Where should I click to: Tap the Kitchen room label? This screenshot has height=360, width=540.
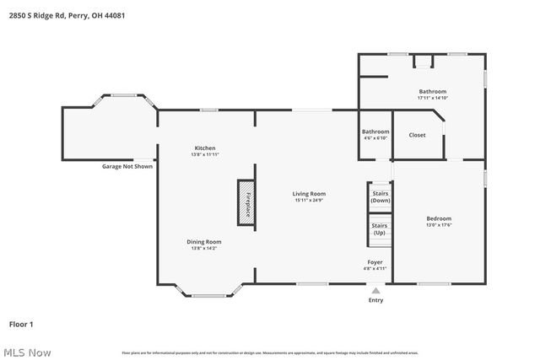pyautogui.click(x=204, y=148)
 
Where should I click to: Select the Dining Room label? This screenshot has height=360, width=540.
pyautogui.click(x=204, y=242)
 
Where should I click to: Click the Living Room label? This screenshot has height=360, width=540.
pyautogui.click(x=309, y=193)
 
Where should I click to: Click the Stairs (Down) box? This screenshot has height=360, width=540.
pyautogui.click(x=381, y=197)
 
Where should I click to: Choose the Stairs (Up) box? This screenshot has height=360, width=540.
pyautogui.click(x=381, y=228)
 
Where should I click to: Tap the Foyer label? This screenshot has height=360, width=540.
pyautogui.click(x=375, y=262)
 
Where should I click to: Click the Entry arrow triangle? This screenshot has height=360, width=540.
pyautogui.click(x=375, y=291)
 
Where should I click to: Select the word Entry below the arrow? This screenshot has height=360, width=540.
pyautogui.click(x=375, y=300)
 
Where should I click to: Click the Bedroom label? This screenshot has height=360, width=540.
pyautogui.click(x=439, y=218)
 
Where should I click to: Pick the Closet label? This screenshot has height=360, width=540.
pyautogui.click(x=417, y=135)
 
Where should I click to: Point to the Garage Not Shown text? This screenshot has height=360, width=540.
pyautogui.click(x=127, y=166)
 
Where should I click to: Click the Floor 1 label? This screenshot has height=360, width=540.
pyautogui.click(x=21, y=324)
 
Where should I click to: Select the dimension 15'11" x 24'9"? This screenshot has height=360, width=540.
pyautogui.click(x=309, y=200)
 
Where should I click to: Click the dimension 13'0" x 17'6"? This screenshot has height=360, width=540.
pyautogui.click(x=439, y=225)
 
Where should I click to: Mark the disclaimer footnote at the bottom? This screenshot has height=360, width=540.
pyautogui.click(x=269, y=352)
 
